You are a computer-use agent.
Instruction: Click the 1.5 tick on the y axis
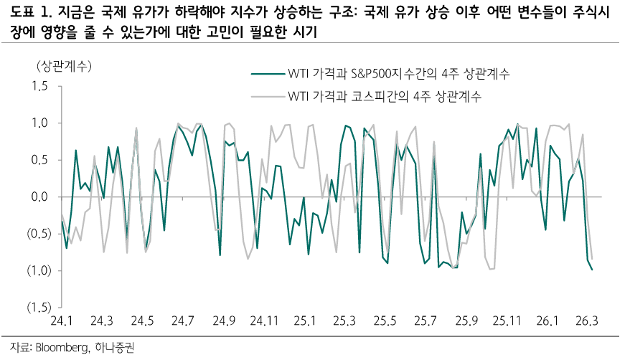(37, 87)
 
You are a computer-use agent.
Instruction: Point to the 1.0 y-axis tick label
(37, 123)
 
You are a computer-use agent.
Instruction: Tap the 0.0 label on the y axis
(37, 196)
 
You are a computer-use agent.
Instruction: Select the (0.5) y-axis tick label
(34, 233)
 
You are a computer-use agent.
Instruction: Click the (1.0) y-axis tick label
(34, 270)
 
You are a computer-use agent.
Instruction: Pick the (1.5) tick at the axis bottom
(34, 307)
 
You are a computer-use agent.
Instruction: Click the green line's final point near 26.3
(592, 270)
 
